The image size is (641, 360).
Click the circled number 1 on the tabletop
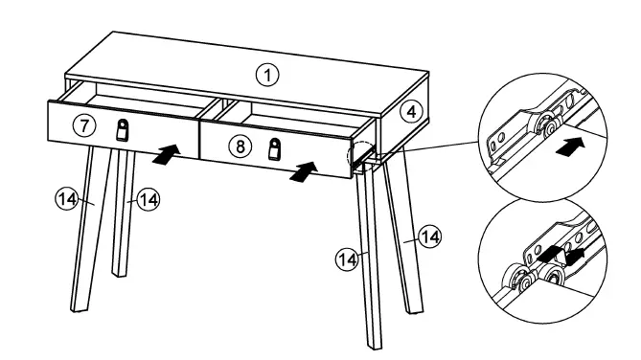coord(267,76)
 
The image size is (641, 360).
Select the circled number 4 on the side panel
coord(411,112)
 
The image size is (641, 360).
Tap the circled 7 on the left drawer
coord(84,125)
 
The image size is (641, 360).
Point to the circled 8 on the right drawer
coord(240,146)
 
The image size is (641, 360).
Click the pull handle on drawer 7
coord(122,130)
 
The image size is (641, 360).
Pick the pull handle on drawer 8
coord(275,148)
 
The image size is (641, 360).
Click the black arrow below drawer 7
coord(167,154)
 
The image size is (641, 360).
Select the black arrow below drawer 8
coord(304,171)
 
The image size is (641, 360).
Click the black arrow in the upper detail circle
coord(570,146)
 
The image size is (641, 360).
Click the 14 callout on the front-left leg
coord(67,199)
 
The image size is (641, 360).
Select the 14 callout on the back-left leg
coord(148,200)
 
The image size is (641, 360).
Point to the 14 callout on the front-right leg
coord(348,259)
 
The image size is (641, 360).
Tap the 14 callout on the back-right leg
coord(430,236)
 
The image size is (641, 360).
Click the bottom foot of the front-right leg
coord(376,346)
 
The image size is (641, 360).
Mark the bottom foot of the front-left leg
coord(79,307)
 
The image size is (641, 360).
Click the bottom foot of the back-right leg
coord(415,310)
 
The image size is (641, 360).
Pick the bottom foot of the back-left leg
coord(120,273)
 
